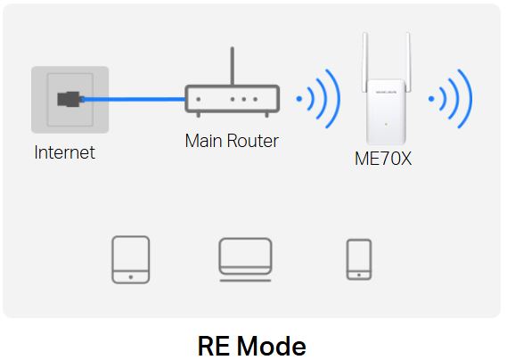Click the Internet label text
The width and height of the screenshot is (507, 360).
point(65,152)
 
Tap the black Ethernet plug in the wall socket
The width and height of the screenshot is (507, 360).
point(69,99)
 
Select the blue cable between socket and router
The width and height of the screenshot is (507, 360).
point(133,99)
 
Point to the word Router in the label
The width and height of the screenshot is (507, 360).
point(253,141)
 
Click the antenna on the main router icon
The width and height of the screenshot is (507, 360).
point(233,66)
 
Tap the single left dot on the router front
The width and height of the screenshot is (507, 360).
point(198,99)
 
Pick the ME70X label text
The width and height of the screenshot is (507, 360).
point(383,159)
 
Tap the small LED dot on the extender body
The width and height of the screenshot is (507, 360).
point(386,124)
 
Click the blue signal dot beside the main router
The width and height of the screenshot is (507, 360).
point(299,99)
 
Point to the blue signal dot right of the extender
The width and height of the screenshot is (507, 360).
point(431,99)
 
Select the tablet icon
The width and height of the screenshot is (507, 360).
point(131,259)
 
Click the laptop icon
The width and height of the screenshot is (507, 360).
point(245,259)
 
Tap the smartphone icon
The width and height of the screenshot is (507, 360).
point(359,259)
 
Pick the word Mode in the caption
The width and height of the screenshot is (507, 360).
point(272,346)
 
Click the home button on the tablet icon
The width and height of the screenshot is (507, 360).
point(131,277)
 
